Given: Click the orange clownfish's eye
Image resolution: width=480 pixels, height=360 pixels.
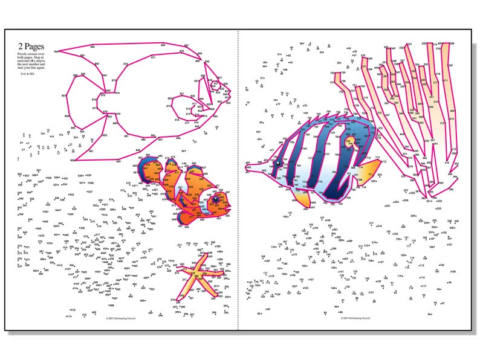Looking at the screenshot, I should [215, 198].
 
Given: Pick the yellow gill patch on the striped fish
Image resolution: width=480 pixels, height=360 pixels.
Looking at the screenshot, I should [351, 143].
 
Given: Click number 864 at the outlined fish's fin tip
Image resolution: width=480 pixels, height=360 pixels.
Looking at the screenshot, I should [56, 51].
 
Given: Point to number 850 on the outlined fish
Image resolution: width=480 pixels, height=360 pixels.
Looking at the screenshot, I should [73, 160].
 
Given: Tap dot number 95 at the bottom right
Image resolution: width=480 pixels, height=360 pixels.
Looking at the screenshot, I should [430, 314].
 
